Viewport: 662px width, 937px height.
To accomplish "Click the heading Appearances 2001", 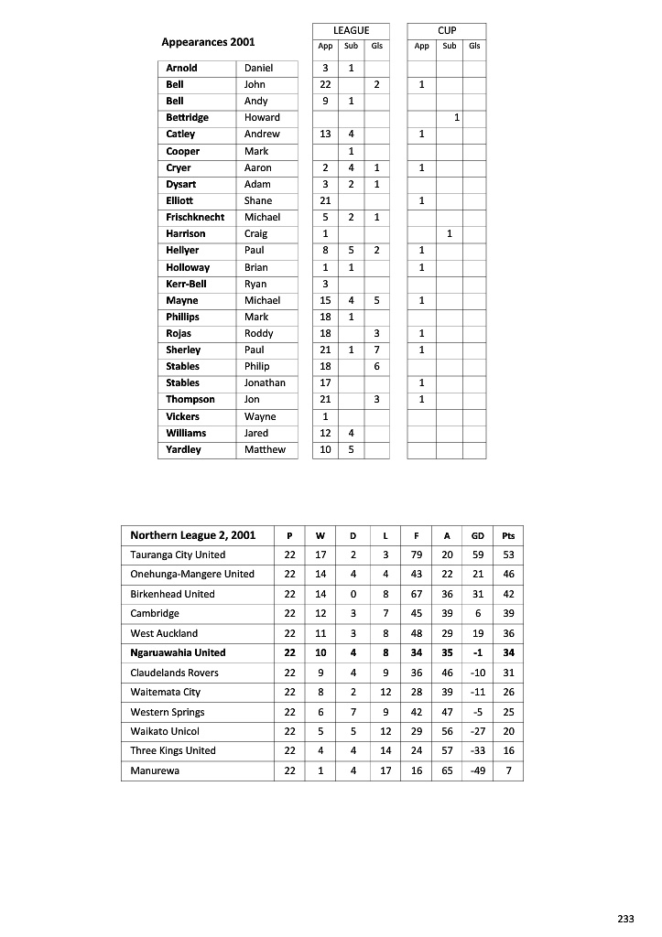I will coord(208,42).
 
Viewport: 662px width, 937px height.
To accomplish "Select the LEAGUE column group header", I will coord(351,30).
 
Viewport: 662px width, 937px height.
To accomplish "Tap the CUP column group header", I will coord(447,30).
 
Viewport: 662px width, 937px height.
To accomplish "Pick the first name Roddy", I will coord(258,333).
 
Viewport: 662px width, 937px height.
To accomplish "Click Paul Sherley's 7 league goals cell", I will coord(376,350).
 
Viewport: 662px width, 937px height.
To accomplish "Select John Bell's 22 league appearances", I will coord(325,84).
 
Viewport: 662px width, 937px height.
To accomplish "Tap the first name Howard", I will coord(262,117).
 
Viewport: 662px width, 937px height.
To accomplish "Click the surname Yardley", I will coord(183,449).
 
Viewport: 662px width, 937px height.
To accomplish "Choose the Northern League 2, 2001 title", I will coord(192,535).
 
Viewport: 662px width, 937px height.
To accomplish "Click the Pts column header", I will coord(508,536).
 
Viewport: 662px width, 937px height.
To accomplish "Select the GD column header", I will coord(477,536).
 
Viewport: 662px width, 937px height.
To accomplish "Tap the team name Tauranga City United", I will coord(178,555).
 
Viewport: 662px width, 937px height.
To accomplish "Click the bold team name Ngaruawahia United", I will coord(178,652).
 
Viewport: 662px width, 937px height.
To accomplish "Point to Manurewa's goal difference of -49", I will coord(477,770).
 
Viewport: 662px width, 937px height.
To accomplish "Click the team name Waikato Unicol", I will coord(165,731).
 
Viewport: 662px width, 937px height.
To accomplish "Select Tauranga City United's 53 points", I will coord(508,555).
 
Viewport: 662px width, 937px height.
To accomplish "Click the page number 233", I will coord(625,919).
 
